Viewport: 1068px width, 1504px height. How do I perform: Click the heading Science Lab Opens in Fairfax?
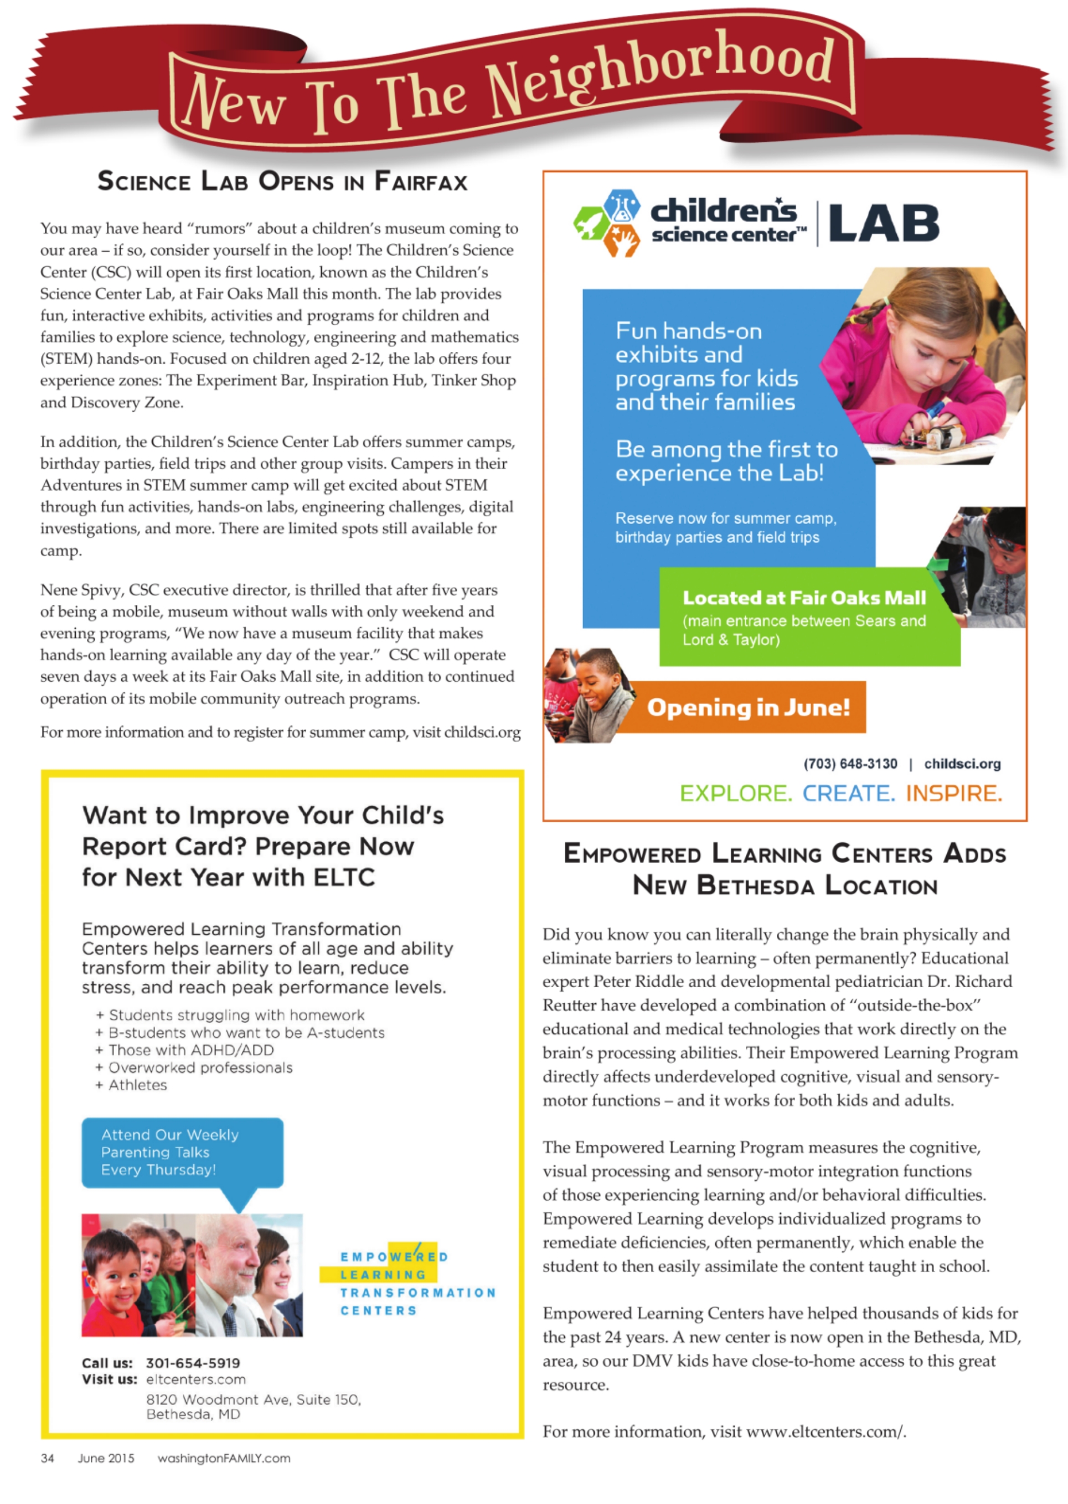pos(282,181)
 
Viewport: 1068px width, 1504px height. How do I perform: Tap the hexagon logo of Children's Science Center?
pos(606,224)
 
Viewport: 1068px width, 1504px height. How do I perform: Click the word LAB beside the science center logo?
pos(883,223)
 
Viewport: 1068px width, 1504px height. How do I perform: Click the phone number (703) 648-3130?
pos(850,764)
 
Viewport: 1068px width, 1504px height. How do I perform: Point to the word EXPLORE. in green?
pos(735,794)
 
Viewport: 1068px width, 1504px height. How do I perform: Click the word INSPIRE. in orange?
pos(953,794)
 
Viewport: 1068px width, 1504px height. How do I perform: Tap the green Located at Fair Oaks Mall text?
pos(804,598)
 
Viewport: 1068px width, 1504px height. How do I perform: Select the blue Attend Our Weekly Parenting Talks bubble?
pos(182,1152)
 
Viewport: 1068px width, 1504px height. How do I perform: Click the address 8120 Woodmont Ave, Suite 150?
pos(253,1399)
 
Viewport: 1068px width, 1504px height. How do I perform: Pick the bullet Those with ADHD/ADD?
pos(190,1050)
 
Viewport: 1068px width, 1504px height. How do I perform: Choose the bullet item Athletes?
pos(137,1085)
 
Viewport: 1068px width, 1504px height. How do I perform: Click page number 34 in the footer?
pos(48,1458)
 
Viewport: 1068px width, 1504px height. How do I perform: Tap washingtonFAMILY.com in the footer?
pos(224,1458)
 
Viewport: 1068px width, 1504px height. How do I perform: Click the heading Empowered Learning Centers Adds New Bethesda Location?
pos(785,869)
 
